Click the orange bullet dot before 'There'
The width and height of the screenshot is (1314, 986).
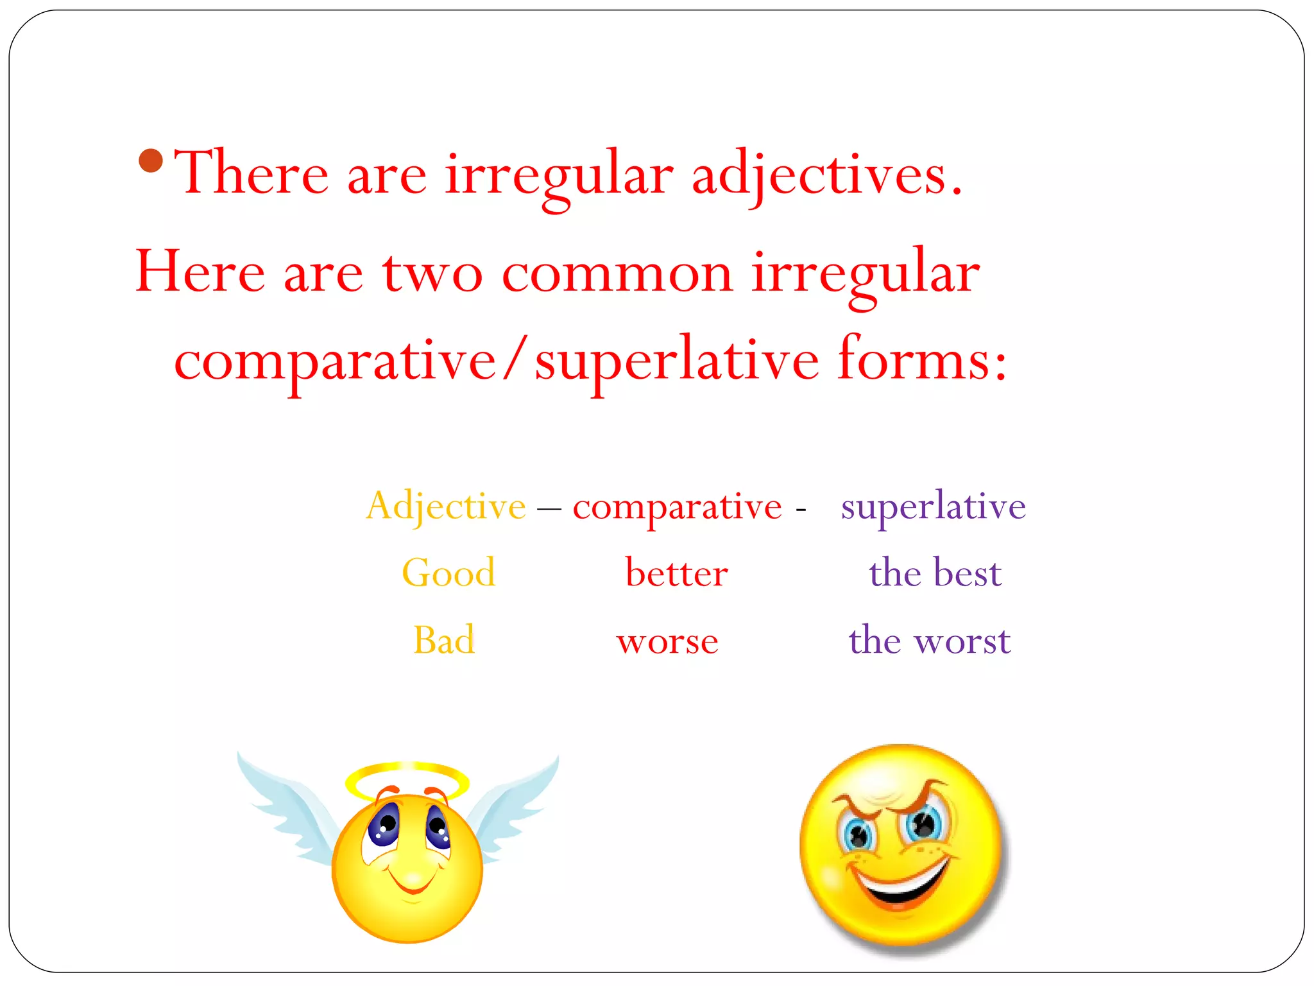[x=151, y=160]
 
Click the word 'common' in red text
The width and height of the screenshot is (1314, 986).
[x=617, y=273]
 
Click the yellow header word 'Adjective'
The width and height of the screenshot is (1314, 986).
[x=446, y=506]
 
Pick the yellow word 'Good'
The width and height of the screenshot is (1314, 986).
[x=448, y=573]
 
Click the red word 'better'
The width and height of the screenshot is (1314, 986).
[x=676, y=573]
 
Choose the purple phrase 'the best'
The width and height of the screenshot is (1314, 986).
[x=935, y=573]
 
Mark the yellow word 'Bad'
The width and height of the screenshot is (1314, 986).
[x=444, y=640]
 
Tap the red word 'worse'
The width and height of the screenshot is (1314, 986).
[x=667, y=641]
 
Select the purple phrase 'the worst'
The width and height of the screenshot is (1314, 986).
[x=929, y=640]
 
